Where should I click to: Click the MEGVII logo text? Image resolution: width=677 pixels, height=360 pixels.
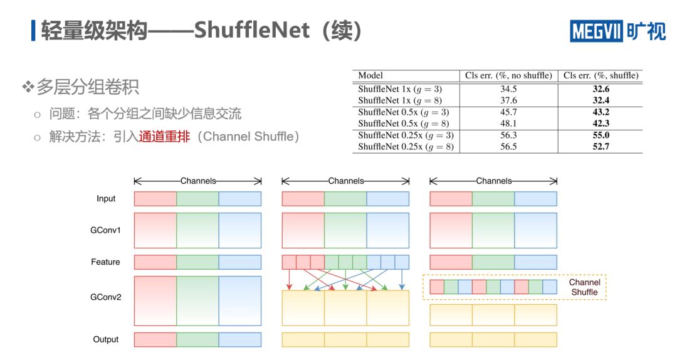click(596, 31)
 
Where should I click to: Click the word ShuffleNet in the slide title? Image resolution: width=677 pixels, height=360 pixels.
click(252, 30)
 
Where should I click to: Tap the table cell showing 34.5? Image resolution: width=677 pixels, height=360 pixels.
click(508, 89)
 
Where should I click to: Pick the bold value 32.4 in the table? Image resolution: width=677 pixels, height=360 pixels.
click(601, 100)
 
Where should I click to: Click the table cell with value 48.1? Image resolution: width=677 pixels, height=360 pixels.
click(508, 124)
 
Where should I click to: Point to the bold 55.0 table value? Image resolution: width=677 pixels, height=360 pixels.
click(601, 135)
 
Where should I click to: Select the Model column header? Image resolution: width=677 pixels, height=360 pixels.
click(370, 75)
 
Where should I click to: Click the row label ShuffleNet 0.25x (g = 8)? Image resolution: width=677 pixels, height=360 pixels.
click(406, 147)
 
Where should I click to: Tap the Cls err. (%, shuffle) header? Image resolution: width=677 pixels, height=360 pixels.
click(601, 75)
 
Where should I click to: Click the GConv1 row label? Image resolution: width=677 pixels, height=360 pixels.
click(106, 230)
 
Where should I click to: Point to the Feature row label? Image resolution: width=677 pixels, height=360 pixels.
click(105, 262)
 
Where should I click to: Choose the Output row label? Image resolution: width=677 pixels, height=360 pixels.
click(105, 339)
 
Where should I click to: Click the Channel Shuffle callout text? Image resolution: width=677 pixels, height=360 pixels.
click(584, 287)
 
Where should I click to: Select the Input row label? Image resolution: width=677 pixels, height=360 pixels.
click(106, 199)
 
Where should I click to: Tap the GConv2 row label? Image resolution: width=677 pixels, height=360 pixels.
click(106, 297)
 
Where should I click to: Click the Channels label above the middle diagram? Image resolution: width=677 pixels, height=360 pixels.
click(345, 181)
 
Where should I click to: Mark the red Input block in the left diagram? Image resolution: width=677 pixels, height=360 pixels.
click(155, 199)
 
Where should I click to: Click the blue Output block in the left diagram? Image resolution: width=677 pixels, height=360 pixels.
click(240, 339)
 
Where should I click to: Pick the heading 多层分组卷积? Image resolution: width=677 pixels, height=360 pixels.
click(87, 87)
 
